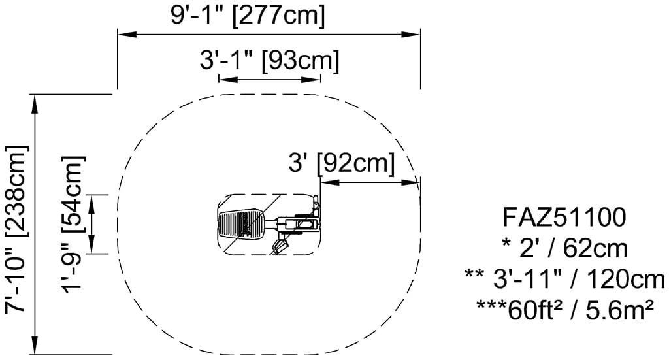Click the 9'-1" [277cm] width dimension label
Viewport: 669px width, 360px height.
[x=248, y=15]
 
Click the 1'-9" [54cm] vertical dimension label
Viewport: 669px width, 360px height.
[x=74, y=223]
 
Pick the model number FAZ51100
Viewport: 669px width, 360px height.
[x=564, y=217]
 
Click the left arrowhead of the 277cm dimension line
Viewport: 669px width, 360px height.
[x=127, y=34]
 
